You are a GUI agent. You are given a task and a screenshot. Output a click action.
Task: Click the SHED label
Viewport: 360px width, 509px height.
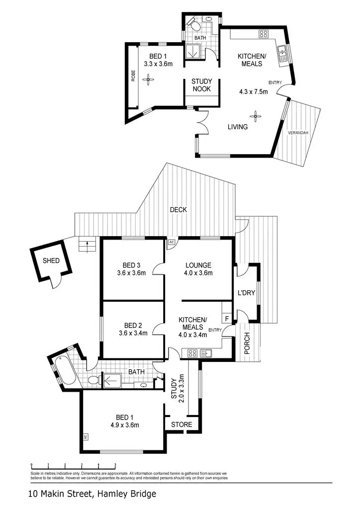point(51,260)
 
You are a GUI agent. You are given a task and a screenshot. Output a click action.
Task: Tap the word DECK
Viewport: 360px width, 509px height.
point(178,210)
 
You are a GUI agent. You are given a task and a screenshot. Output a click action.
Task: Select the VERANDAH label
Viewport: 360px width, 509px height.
point(298,133)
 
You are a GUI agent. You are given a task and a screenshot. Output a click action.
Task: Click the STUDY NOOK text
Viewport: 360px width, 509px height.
point(201,85)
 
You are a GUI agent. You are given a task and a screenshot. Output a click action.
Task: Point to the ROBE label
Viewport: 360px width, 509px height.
point(133,76)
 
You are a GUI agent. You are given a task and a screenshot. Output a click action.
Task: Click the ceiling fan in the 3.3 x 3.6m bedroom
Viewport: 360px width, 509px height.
point(148,79)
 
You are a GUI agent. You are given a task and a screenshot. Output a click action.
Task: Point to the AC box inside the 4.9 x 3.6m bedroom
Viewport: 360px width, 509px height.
point(86,436)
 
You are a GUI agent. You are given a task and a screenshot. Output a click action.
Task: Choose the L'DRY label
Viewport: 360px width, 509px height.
point(246,293)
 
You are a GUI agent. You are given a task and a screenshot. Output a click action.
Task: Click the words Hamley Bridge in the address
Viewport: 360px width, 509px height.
point(127,494)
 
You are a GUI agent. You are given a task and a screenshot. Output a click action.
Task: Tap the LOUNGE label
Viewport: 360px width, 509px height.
point(198,265)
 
